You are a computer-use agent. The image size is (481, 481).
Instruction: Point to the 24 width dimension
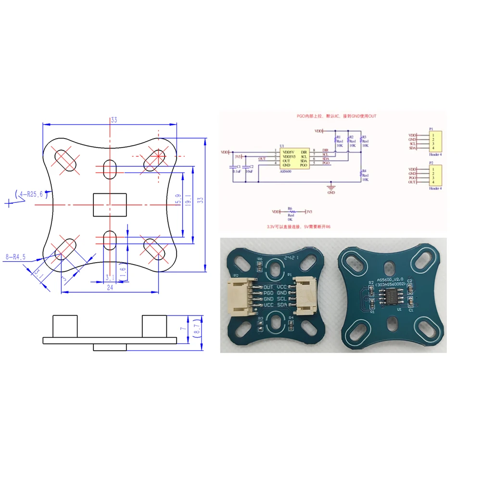point(110,287)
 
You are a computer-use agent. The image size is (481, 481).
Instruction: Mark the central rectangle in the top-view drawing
point(110,204)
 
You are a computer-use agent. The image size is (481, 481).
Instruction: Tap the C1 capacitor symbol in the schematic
point(232,166)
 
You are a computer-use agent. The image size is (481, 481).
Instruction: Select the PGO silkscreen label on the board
point(268,293)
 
